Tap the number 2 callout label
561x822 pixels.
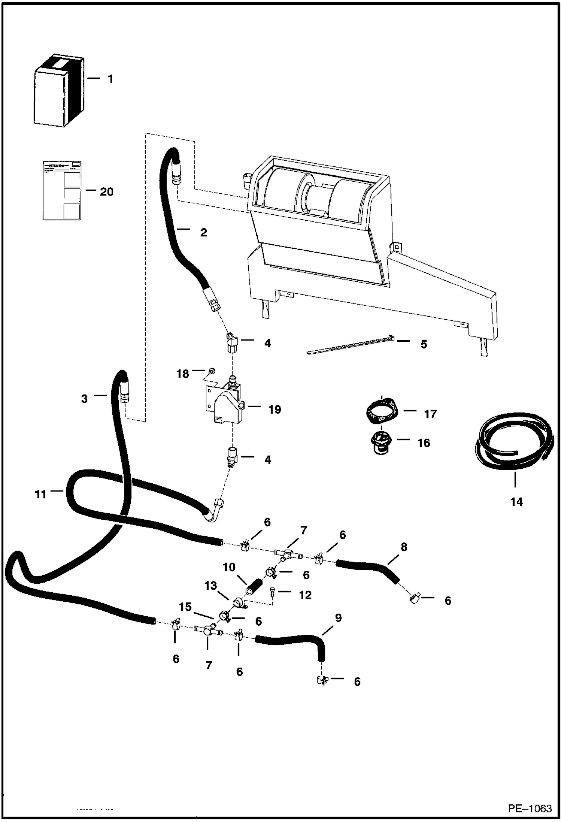[203, 233]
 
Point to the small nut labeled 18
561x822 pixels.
[212, 371]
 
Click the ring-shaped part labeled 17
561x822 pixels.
[381, 412]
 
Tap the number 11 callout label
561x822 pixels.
[40, 495]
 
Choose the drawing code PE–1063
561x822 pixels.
[530, 808]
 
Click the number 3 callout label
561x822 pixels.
[84, 399]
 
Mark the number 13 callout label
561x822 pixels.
[210, 585]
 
